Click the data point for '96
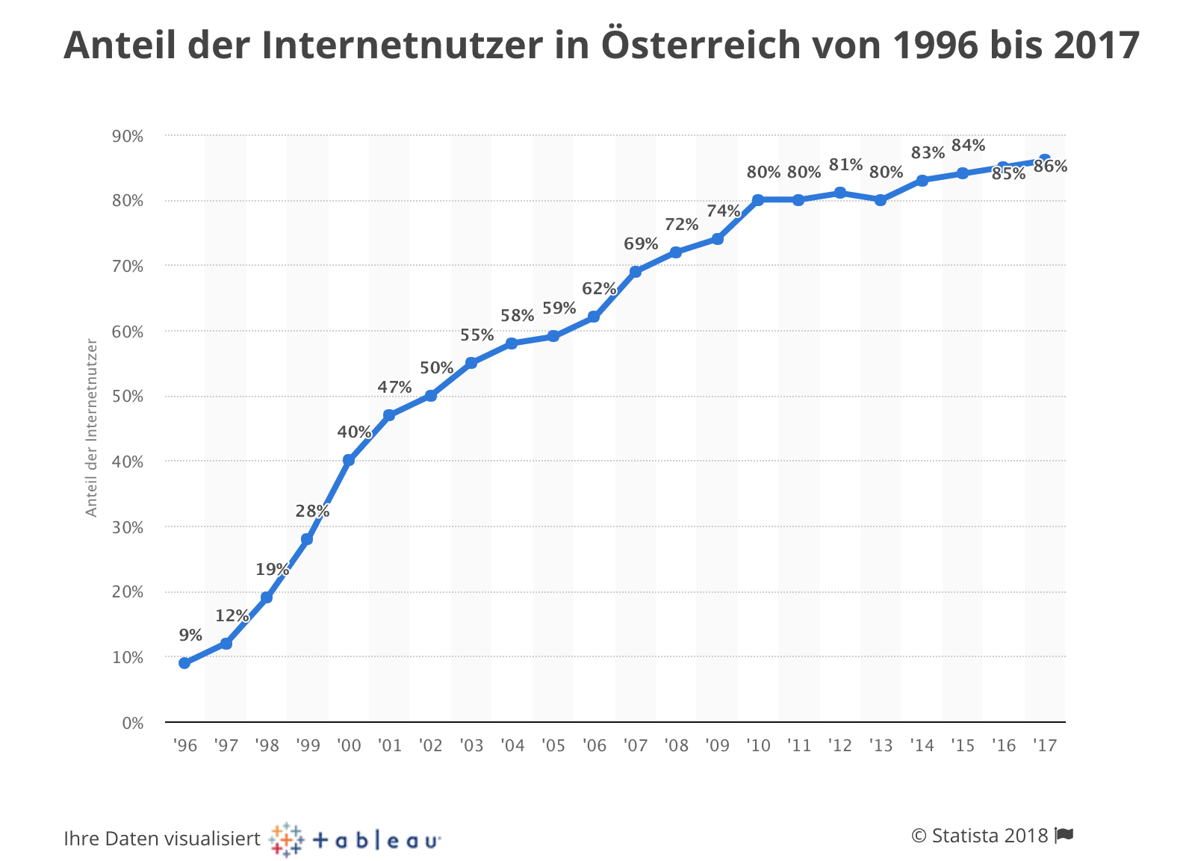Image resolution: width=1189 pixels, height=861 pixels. (184, 663)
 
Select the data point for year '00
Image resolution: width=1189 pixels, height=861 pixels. (349, 460)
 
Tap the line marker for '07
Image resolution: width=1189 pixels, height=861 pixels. (636, 272)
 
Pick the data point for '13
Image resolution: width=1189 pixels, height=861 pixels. (881, 200)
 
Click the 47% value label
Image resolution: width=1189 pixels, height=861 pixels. (394, 387)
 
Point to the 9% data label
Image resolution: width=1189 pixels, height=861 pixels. (190, 635)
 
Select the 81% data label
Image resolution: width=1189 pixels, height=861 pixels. (845, 164)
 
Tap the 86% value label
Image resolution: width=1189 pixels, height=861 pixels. (1050, 167)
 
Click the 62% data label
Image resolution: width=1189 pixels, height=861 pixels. (599, 288)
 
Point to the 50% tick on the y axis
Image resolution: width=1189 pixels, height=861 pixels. (128, 397)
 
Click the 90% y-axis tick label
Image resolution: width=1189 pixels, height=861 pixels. (128, 136)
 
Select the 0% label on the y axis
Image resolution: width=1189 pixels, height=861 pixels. (131, 723)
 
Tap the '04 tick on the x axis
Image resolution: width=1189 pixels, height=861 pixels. (512, 745)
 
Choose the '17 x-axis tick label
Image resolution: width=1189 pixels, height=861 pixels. (1044, 745)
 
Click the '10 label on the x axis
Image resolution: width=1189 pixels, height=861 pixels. (758, 745)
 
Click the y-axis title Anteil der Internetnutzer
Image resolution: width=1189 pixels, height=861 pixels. (92, 428)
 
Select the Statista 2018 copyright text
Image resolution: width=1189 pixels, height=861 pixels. (979, 836)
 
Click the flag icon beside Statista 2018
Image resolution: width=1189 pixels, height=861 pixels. (1065, 835)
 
